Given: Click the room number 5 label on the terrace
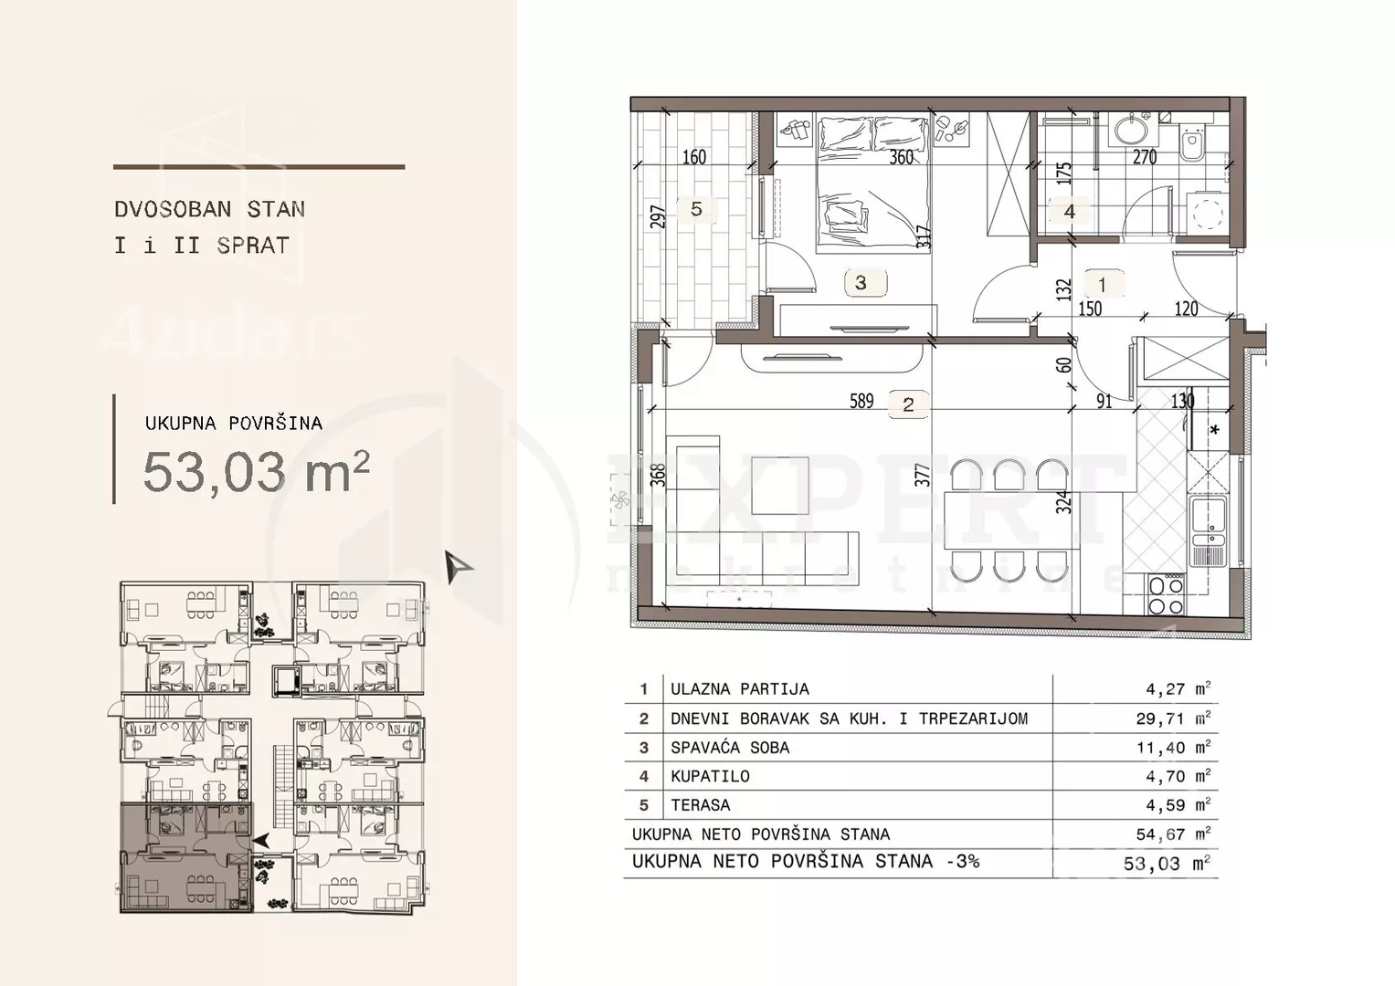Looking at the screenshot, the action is pyautogui.click(x=696, y=209).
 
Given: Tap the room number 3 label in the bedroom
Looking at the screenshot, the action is pyautogui.click(x=861, y=283).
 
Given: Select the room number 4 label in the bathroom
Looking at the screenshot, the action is pyautogui.click(x=1069, y=212).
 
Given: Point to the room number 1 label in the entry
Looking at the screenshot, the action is pyautogui.click(x=1103, y=285).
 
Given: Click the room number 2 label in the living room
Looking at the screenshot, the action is pyautogui.click(x=908, y=405).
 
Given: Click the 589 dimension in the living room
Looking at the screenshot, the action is pyautogui.click(x=861, y=402).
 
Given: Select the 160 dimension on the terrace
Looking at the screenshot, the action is pyautogui.click(x=693, y=157).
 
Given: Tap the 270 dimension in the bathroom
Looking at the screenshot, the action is pyautogui.click(x=1145, y=157).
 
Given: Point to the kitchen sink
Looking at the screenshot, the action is pyautogui.click(x=1208, y=531).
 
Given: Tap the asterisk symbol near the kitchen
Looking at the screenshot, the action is pyautogui.click(x=1214, y=430).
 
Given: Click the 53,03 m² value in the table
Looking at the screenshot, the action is pyautogui.click(x=1167, y=864).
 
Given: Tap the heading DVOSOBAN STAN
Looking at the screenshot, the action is pyautogui.click(x=210, y=209).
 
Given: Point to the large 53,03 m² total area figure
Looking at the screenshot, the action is pyautogui.click(x=256, y=473).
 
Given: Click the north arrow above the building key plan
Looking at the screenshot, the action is pyautogui.click(x=458, y=566).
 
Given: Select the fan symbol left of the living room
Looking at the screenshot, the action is pyautogui.click(x=621, y=499).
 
